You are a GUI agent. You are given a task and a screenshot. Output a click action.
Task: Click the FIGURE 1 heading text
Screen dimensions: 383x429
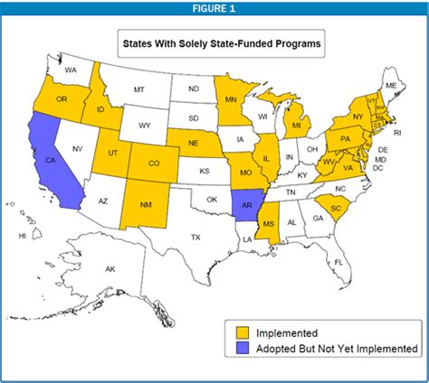tap(214, 8)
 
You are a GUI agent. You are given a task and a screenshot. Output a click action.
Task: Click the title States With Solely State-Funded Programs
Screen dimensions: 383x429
tap(215, 42)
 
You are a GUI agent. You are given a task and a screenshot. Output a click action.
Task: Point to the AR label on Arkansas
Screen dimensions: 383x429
tap(245, 205)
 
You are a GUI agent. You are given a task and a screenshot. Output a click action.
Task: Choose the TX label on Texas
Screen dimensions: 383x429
tap(195, 237)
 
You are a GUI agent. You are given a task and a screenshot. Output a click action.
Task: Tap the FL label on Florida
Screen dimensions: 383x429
tap(338, 262)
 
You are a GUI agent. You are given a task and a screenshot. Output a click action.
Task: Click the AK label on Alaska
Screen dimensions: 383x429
tap(110, 269)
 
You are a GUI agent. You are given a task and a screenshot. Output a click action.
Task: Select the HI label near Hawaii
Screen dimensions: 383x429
tap(22, 236)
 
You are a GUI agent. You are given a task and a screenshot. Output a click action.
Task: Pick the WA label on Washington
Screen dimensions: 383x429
tap(71, 70)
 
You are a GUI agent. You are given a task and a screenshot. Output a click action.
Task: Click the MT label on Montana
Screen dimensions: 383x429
tap(139, 89)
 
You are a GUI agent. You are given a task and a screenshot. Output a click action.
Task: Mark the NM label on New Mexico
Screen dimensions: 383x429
tap(145, 205)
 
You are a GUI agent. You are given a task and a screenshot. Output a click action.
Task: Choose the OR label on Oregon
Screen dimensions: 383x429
tap(62, 99)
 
